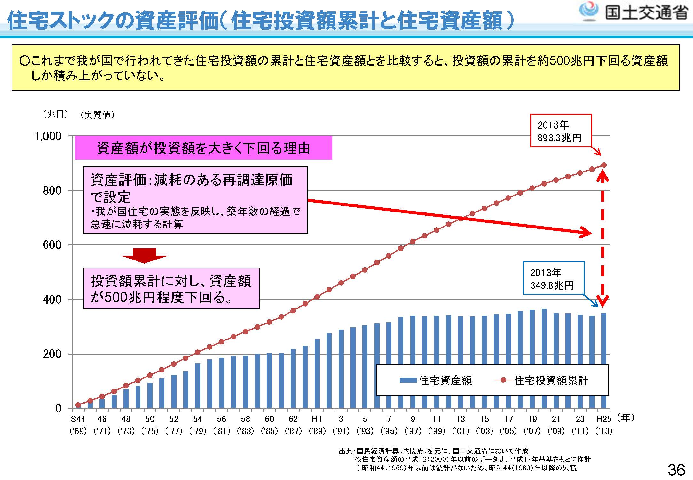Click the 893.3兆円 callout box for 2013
(561, 131)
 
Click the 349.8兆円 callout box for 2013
(553, 278)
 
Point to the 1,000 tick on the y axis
(48, 136)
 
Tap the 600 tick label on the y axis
(52, 245)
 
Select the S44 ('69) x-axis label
(78, 425)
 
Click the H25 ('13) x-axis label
(604, 425)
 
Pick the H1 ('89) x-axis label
(317, 425)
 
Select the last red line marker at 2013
(604, 165)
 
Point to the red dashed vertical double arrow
(603, 237)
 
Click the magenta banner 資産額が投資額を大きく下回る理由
(203, 148)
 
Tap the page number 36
(676, 470)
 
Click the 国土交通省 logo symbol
(588, 11)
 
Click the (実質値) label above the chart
(98, 115)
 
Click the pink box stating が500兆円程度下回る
(171, 289)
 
